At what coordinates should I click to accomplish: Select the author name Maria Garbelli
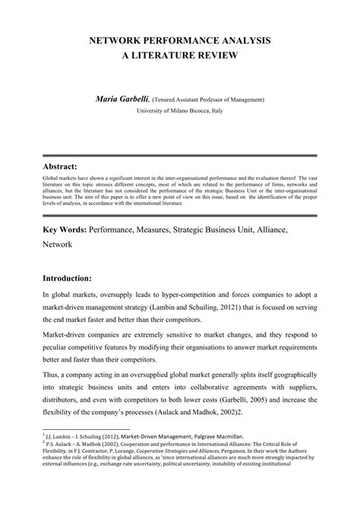coord(122,98)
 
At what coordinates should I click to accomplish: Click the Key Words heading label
coord(65,228)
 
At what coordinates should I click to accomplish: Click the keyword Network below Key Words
coord(57,246)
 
